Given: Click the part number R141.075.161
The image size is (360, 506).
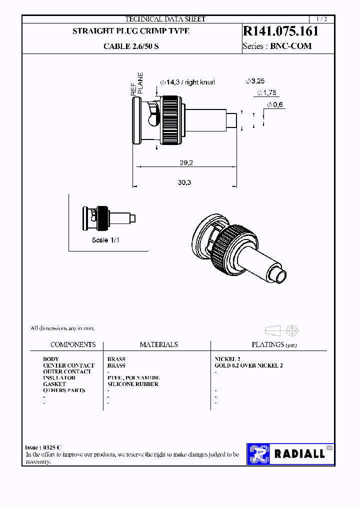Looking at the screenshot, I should (280, 31).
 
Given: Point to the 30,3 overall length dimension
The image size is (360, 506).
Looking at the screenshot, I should (184, 182).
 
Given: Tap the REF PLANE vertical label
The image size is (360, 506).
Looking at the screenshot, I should (137, 84).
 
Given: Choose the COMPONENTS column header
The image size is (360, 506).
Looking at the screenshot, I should (73, 344).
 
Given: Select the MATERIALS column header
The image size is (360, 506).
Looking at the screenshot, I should (158, 344).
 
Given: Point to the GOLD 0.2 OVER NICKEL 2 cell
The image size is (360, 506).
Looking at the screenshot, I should (248, 365).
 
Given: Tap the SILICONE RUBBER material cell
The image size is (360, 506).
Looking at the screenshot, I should (132, 384).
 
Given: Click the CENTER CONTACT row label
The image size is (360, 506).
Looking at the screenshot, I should (68, 365).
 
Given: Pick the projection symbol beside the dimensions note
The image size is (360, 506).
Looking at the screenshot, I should (280, 330).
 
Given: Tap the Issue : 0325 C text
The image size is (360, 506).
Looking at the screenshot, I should (43, 447).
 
